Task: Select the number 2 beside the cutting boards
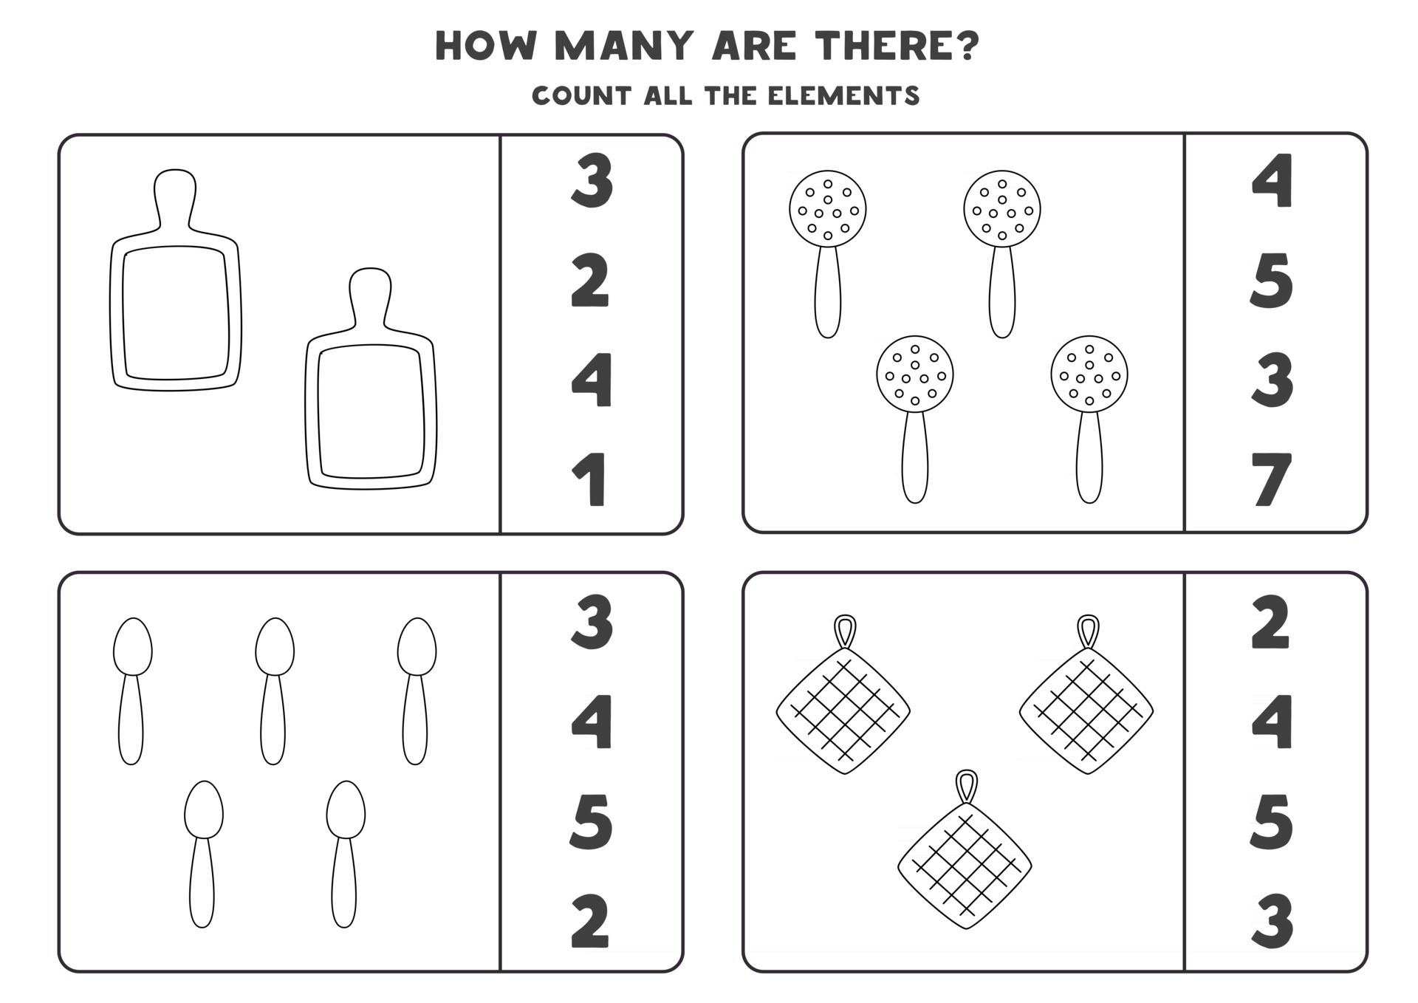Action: (x=591, y=281)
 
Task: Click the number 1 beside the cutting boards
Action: (x=590, y=480)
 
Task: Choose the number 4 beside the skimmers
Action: (x=1272, y=180)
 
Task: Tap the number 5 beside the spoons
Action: (x=591, y=821)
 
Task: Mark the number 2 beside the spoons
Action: (x=591, y=921)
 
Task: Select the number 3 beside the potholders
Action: (x=1272, y=921)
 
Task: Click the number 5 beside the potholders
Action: (x=1272, y=821)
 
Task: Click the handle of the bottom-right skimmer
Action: (x=1089, y=456)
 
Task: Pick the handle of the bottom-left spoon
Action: (x=202, y=882)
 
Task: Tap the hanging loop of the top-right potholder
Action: (x=1088, y=632)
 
